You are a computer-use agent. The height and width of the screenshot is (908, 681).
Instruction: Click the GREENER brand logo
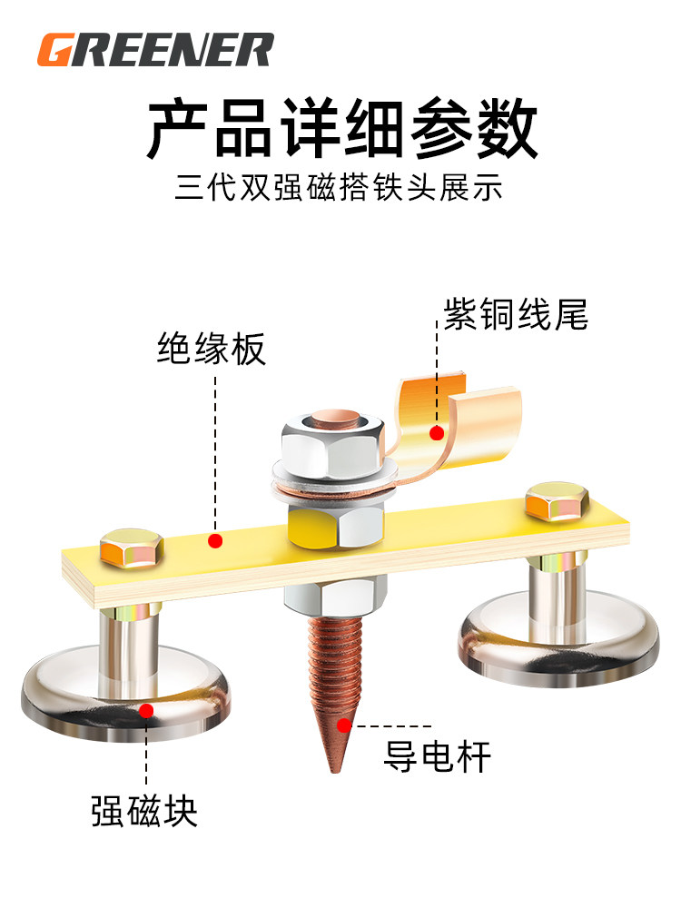[154, 49]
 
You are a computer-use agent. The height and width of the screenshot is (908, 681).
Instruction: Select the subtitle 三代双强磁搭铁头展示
[340, 190]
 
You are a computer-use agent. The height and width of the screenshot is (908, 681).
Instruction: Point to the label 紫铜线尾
[516, 314]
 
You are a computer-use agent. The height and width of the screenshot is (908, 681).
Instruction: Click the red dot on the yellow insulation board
[215, 541]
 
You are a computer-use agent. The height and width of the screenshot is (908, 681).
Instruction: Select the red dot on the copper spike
[343, 725]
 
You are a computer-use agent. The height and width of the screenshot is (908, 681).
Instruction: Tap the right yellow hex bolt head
[557, 501]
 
